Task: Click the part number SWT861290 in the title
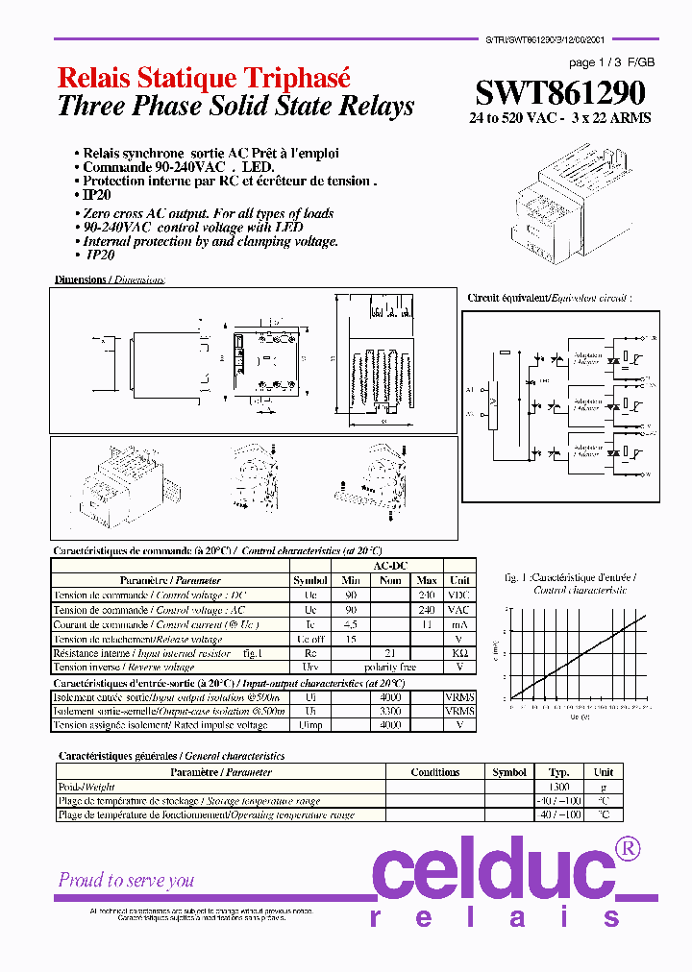pyautogui.click(x=560, y=93)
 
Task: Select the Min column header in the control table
pyautogui.click(x=351, y=580)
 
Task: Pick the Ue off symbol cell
pyautogui.click(x=310, y=639)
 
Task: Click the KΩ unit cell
pyautogui.click(x=459, y=653)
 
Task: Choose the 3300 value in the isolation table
pyautogui.click(x=389, y=712)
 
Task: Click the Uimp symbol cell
pyautogui.click(x=310, y=725)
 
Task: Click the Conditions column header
pyautogui.click(x=434, y=772)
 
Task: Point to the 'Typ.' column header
pyautogui.click(x=558, y=772)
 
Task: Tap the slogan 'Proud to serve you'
pyautogui.click(x=126, y=880)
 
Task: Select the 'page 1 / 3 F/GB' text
pyautogui.click(x=612, y=62)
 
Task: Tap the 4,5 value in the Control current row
pyautogui.click(x=351, y=624)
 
